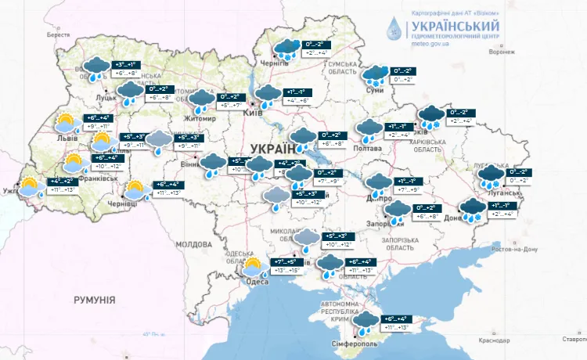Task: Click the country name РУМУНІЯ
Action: pos(94,300)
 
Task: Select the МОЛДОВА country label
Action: pos(193,244)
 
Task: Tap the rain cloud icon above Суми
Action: pos(374,74)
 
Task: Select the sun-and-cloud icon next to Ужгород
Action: pos(31,188)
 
